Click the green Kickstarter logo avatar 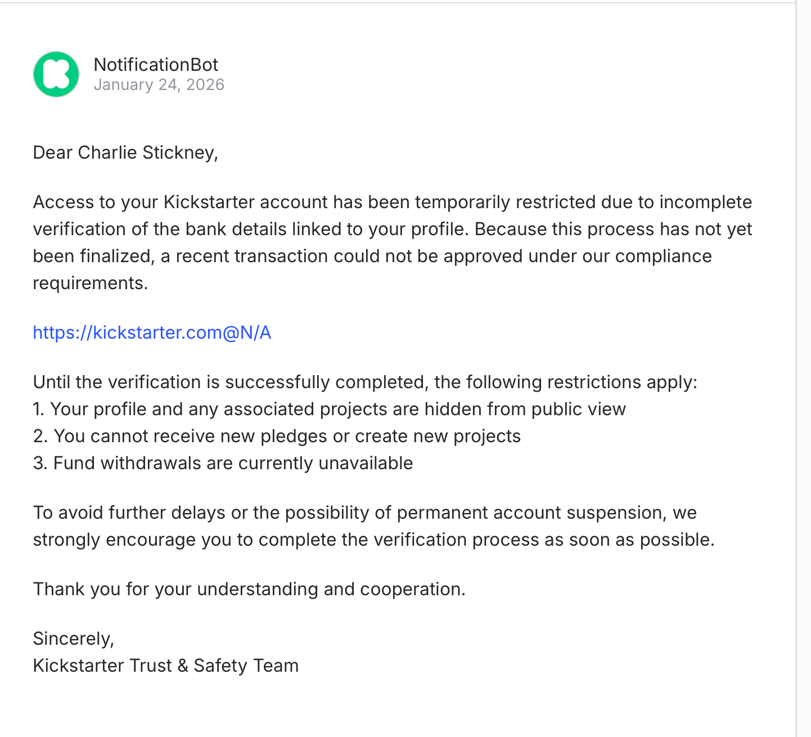[56, 74]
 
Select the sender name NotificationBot [156, 65]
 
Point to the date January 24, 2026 [159, 85]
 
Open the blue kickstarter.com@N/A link [152, 332]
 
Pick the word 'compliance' [663, 256]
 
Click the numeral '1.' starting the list [38, 409]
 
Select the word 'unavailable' [366, 463]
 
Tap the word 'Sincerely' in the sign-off [72, 639]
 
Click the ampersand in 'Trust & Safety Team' [183, 666]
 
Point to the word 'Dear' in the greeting [53, 152]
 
